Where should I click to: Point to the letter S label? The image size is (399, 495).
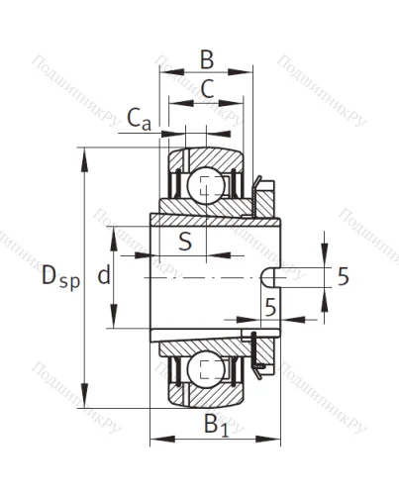click(x=184, y=242)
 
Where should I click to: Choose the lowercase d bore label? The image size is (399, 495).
click(x=103, y=277)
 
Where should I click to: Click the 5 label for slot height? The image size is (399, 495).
click(x=343, y=277)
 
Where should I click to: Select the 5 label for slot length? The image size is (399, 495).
click(x=269, y=308)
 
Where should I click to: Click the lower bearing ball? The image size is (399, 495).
click(x=206, y=369)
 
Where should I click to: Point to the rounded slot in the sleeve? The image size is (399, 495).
click(x=268, y=278)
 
